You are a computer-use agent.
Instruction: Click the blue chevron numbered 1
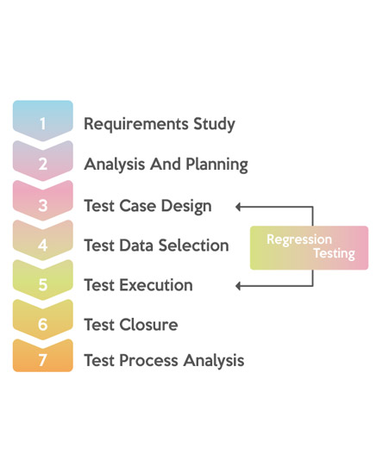point(43,121)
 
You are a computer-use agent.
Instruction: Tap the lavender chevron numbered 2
point(43,161)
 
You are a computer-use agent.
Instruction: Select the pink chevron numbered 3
point(43,202)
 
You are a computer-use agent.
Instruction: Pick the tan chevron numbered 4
point(43,241)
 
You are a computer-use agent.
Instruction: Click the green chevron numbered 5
point(43,281)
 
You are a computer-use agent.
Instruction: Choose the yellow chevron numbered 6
point(43,320)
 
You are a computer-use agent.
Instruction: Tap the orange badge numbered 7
point(43,356)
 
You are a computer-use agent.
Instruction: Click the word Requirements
point(136,124)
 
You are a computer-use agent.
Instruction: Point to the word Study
point(214,124)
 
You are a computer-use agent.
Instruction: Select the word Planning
point(217,165)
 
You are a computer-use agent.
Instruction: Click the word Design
point(186,206)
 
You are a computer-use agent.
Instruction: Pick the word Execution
point(156,285)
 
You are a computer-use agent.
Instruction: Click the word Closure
point(148,325)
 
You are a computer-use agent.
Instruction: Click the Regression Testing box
point(309,248)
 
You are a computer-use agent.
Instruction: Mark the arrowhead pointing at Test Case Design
point(238,207)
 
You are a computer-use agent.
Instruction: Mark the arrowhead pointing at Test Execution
point(238,286)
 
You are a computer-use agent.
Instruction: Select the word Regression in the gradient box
point(299,240)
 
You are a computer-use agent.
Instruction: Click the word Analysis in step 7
point(214,361)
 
